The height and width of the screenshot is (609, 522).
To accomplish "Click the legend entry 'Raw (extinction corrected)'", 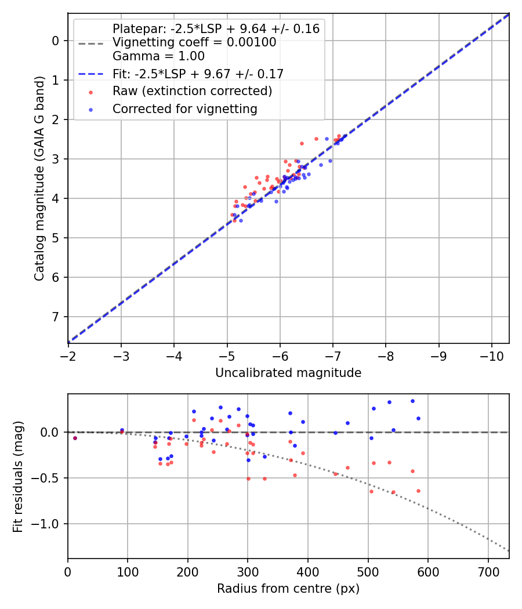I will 192,91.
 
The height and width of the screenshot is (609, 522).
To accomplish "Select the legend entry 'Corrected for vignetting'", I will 185,108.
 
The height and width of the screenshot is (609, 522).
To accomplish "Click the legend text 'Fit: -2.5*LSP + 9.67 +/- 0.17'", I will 198,74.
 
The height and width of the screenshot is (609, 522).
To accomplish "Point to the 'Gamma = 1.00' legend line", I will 158,56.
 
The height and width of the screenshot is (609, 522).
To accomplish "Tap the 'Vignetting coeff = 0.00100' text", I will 194,42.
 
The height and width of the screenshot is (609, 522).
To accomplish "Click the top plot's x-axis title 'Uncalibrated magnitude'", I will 288,373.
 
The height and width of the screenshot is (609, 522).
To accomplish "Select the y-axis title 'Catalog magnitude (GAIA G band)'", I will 39,177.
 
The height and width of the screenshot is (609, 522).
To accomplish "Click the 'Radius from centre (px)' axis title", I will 288,589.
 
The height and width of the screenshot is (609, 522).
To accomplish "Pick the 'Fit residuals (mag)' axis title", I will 18,477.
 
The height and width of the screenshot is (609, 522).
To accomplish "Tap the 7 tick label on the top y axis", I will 56,317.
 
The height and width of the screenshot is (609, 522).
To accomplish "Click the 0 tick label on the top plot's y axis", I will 56,41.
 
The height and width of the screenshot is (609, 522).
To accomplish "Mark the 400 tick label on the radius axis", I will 308,572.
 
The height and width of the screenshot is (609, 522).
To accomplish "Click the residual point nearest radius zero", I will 75,438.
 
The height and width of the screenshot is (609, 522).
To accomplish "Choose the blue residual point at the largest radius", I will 418,418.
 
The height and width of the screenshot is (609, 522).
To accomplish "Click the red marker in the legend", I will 90,92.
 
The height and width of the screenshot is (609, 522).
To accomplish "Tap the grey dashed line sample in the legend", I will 90,43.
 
